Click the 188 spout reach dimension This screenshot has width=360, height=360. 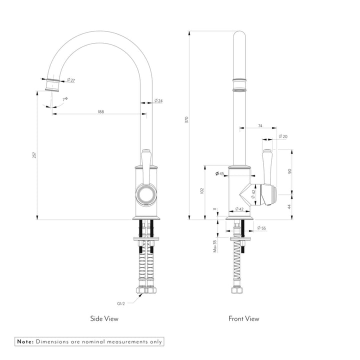[x=100, y=112]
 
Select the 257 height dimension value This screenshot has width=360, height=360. [x=34, y=155]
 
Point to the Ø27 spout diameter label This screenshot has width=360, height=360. [x=71, y=80]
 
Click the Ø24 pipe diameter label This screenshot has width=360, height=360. [x=158, y=101]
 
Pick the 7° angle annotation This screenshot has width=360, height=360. [x=64, y=99]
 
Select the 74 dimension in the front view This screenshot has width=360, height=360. [x=260, y=126]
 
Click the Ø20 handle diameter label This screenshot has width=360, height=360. [x=283, y=136]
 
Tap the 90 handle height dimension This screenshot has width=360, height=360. [x=289, y=171]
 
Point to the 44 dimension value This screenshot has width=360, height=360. [x=289, y=206]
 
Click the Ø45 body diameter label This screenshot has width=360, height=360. [x=219, y=173]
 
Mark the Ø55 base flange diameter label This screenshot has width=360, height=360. [x=261, y=228]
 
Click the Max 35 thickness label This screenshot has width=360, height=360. [x=214, y=245]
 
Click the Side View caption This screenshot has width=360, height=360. [x=104, y=318]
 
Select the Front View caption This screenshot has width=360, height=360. [x=244, y=318]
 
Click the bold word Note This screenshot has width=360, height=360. [x=24, y=341]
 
